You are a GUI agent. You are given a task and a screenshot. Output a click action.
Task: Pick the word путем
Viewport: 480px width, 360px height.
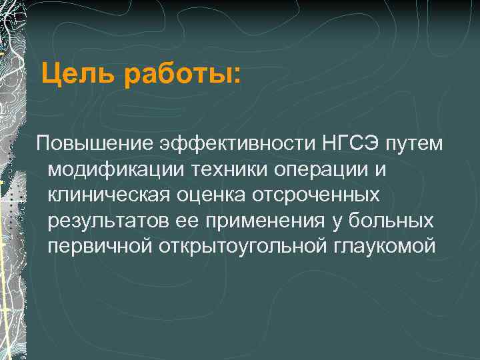[414, 143]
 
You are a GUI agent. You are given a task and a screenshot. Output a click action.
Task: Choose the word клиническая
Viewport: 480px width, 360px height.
[109, 195]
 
